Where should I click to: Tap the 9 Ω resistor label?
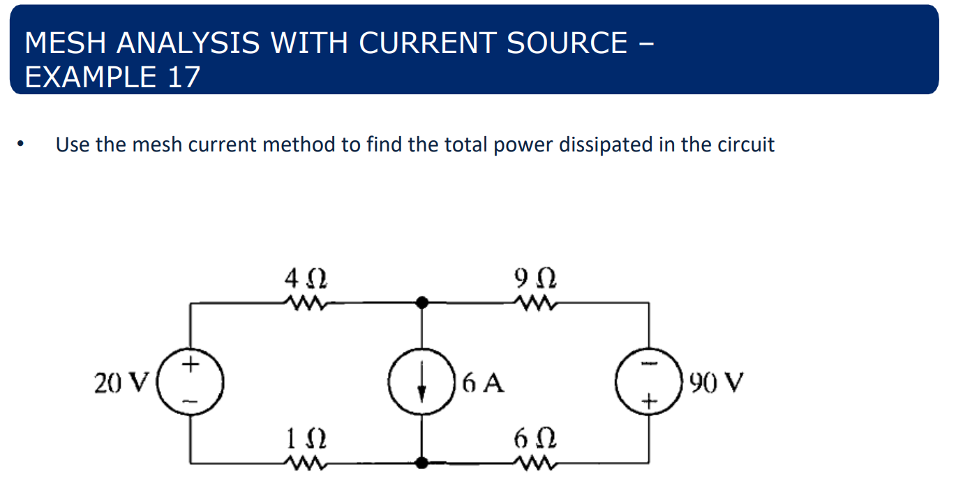536,280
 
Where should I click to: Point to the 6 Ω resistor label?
536,440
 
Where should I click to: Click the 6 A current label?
483,383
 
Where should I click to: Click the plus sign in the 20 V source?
191,364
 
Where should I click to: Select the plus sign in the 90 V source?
650,401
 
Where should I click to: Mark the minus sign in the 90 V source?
650,364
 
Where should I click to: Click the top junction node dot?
421,302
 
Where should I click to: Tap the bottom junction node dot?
421,462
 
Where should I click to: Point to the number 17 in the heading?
184,77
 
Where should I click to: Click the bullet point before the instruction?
23,145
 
